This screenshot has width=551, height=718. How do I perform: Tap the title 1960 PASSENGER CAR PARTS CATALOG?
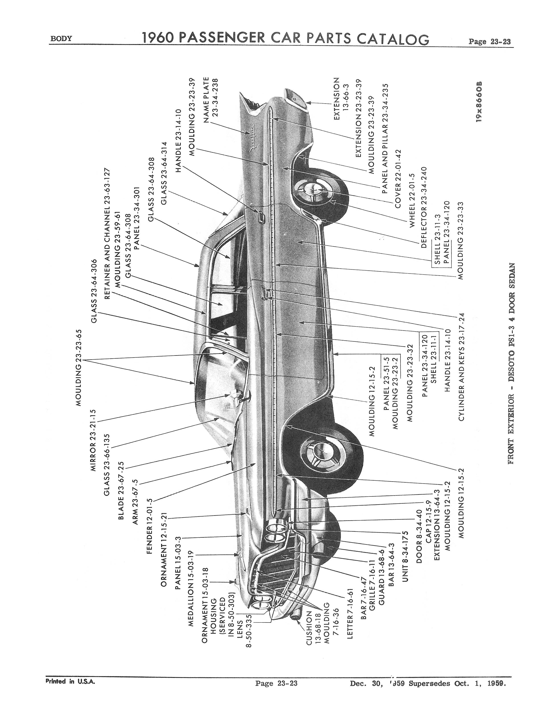pyautogui.click(x=285, y=39)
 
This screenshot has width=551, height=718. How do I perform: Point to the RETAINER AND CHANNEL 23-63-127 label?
pyautogui.click(x=107, y=234)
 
